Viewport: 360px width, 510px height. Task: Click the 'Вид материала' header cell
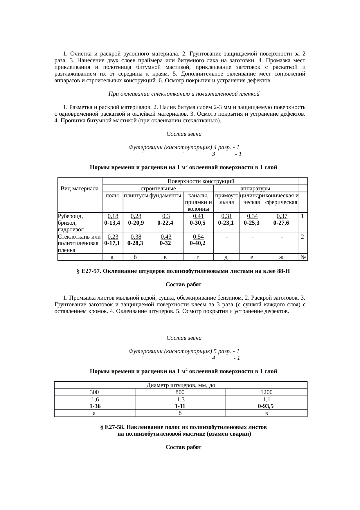80,189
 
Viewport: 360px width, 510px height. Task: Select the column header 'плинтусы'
136,196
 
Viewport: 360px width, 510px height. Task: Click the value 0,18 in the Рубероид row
113,216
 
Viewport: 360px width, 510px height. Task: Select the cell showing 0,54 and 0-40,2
198,240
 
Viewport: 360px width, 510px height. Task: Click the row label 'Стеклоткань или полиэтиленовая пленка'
80,243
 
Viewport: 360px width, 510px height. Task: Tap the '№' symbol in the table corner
303,257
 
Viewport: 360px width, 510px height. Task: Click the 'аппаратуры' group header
256,189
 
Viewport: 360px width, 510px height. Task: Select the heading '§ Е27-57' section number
89,271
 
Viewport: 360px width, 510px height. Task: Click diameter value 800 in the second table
181,392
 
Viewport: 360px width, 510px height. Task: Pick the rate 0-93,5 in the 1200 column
266,406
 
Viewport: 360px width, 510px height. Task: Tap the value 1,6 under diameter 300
95,400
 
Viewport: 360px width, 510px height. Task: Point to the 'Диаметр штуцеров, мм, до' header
181,385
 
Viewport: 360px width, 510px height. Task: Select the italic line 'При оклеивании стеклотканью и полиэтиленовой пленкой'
183,94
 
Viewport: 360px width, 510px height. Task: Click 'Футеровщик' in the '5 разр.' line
145,351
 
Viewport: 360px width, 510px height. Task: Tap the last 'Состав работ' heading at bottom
183,448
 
